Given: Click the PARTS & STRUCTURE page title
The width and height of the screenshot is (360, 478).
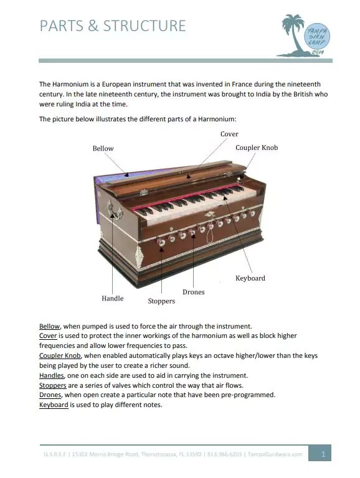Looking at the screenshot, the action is click(113, 26).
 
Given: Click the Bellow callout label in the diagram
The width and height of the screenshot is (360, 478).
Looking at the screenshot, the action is click(103, 149).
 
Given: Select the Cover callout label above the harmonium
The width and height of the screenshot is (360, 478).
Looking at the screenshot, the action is click(229, 134).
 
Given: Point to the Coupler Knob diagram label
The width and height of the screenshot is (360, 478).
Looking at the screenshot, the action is click(257, 148).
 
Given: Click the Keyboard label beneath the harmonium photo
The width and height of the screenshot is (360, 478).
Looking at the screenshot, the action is click(250, 278).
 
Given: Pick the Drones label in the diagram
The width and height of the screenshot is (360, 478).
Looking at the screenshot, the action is click(193, 292).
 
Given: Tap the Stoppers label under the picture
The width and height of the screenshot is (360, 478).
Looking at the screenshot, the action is click(161, 301).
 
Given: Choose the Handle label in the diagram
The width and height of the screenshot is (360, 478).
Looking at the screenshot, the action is click(113, 299).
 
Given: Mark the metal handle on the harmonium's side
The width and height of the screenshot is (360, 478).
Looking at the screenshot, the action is click(112, 210).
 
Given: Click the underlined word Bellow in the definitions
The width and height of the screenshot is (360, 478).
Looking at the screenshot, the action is click(50, 326).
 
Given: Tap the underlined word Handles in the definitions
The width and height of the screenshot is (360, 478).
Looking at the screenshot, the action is click(52, 375).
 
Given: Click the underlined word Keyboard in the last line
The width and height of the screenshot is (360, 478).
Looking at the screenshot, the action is click(54, 405).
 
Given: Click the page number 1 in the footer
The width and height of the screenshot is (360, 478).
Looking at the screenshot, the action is click(323, 454).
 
